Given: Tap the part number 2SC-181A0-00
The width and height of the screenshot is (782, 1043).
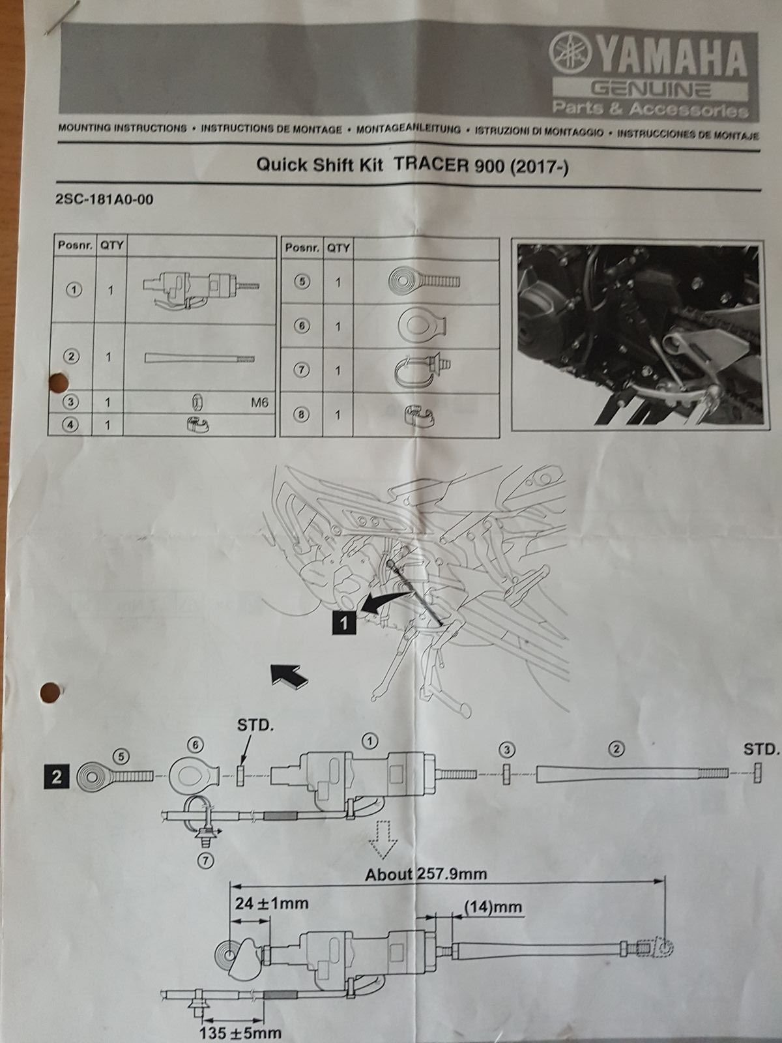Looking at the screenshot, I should point(106,199).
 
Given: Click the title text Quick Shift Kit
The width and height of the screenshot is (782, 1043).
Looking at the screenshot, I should point(323,165).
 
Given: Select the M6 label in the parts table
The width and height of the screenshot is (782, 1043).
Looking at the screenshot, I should point(259,403).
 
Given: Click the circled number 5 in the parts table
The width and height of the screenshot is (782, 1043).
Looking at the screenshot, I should point(302,282).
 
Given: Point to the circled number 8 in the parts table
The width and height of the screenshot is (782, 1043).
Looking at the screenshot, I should point(302,415).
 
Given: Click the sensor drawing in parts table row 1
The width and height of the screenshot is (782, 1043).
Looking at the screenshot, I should point(200,287).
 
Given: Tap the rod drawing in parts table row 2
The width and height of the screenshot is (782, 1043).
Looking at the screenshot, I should point(200,358).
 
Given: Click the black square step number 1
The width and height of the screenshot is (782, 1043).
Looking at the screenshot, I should point(344,624).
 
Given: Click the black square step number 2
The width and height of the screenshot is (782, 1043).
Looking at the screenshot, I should point(57,777).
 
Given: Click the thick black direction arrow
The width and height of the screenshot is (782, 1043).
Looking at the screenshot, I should point(289,675).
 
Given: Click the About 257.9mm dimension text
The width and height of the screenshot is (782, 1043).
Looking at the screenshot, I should point(426,874).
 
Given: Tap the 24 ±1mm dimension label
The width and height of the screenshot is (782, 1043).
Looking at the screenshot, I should point(271,903).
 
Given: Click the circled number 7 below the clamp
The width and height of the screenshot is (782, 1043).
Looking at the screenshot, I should point(206,860).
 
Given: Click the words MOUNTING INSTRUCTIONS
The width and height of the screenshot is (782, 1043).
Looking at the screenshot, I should point(123,128).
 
